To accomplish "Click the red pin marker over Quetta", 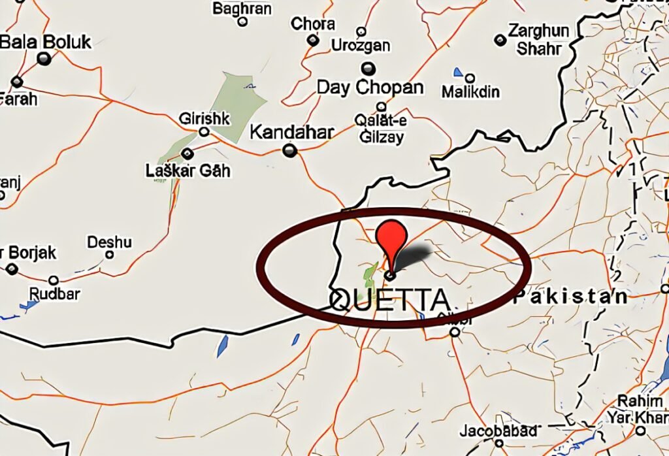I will (x=393, y=239).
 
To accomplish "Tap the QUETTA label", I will (x=390, y=300).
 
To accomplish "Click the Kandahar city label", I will (x=292, y=132).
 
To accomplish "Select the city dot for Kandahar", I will (x=290, y=152).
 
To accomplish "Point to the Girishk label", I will (x=204, y=119).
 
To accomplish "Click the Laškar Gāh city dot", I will (x=188, y=154).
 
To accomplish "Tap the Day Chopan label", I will (x=370, y=87).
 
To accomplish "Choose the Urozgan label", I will (x=361, y=46).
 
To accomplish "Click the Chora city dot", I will (x=314, y=41).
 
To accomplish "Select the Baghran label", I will (x=242, y=8).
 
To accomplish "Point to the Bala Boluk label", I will (x=46, y=42).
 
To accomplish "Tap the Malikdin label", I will (x=470, y=91).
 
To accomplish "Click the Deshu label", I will (x=110, y=242).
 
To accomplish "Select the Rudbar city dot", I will (x=54, y=280).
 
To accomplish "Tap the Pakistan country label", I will (x=570, y=297).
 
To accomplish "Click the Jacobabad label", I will (x=498, y=431).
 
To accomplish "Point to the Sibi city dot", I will (x=455, y=332).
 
